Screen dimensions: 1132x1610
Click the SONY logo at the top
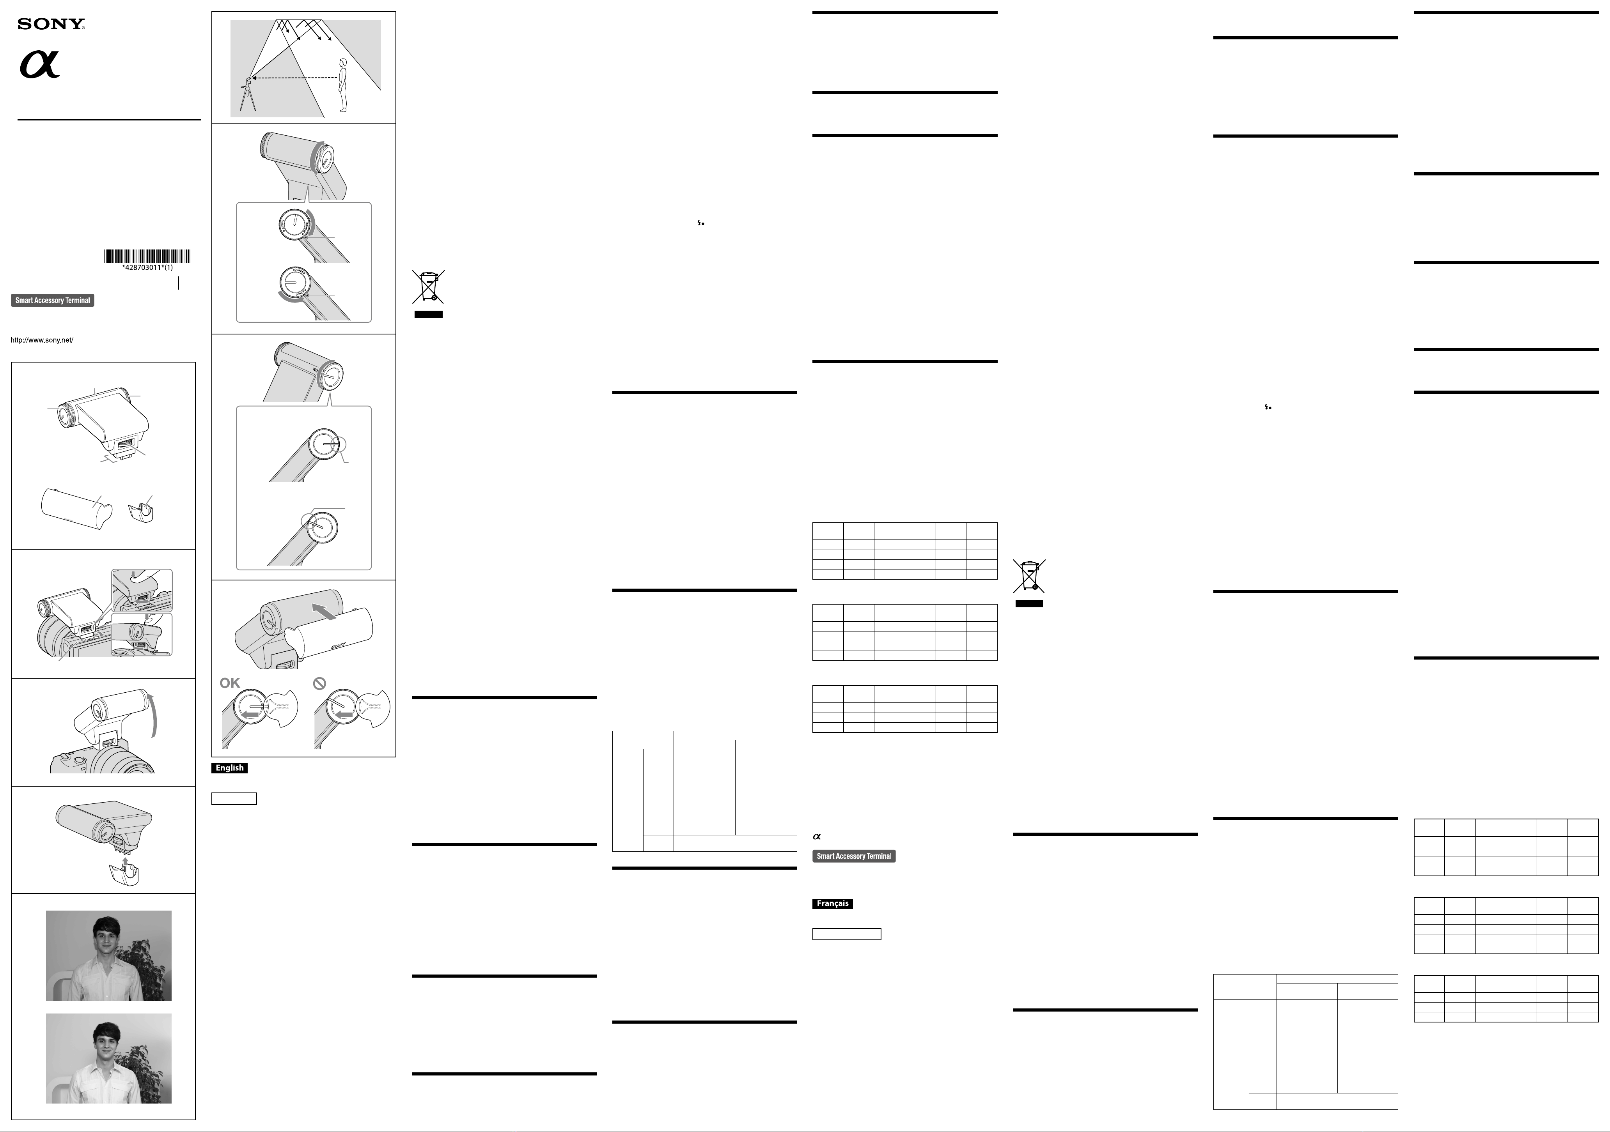click(51, 25)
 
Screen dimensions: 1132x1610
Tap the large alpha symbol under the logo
click(39, 64)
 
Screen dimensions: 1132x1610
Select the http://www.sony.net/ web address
click(42, 340)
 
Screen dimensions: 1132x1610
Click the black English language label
click(229, 768)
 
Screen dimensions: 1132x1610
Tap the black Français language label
click(832, 904)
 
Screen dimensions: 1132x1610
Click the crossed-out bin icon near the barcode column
click(428, 287)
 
